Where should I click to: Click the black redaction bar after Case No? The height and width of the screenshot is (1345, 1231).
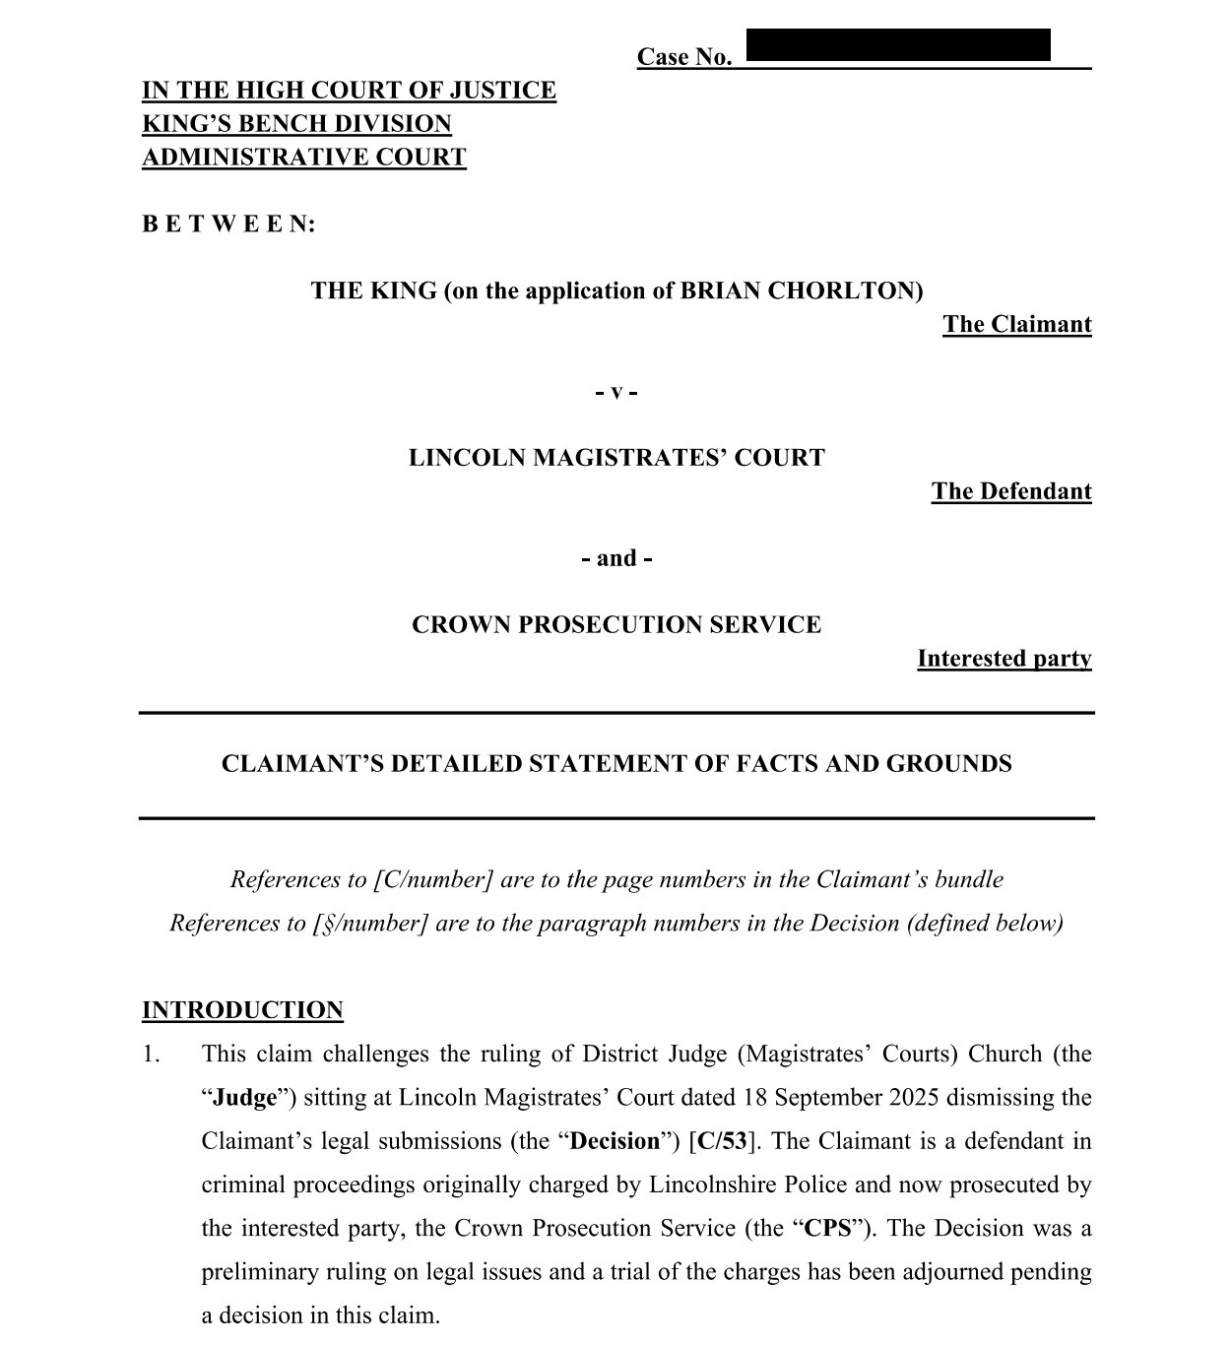point(898,45)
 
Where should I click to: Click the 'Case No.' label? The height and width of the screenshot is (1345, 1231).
point(684,57)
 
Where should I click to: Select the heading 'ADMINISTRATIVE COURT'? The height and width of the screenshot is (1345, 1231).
point(303,158)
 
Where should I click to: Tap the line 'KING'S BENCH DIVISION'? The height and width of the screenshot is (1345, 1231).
point(296,124)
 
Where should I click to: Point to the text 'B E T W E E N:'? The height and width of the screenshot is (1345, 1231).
point(228,224)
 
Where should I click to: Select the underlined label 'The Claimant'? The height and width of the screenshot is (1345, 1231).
point(1016,325)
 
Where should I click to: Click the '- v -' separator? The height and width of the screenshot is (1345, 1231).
point(616,392)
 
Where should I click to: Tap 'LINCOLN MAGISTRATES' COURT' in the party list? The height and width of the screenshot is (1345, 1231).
point(616,458)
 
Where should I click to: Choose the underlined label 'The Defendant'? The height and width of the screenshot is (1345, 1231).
point(1011,491)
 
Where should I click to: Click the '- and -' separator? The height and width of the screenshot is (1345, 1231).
point(616,558)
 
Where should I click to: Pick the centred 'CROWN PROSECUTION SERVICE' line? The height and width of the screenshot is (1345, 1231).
point(616,625)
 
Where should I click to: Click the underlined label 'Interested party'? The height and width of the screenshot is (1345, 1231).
point(1004,659)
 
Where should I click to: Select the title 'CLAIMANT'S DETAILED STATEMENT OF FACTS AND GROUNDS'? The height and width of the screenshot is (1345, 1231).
point(616,764)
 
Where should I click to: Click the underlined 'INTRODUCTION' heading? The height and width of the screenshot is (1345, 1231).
point(242,1010)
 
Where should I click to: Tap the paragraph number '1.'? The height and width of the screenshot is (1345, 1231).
point(151,1055)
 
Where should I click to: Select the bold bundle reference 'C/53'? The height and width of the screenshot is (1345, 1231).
point(722,1141)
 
